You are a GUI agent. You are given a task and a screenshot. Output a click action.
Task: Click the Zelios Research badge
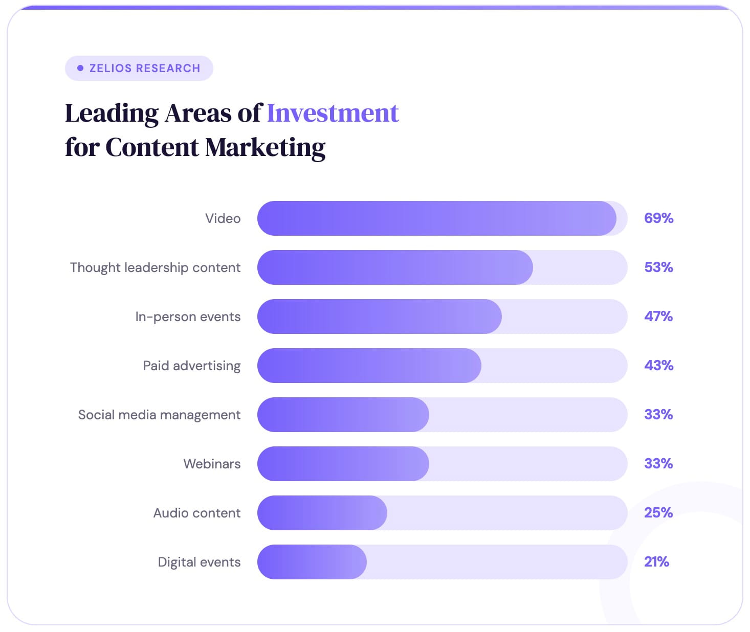click(x=139, y=68)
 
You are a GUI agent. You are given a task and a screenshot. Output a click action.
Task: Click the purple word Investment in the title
click(x=333, y=113)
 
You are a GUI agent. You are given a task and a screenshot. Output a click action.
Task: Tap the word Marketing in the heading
click(x=265, y=147)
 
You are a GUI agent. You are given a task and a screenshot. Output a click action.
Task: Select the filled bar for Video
click(x=436, y=218)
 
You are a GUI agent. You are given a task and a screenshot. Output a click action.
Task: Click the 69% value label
click(x=658, y=218)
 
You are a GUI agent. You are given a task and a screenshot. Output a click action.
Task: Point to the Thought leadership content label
click(x=155, y=267)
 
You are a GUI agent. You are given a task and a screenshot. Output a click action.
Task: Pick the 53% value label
click(x=658, y=267)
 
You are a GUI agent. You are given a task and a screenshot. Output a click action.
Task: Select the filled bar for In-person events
click(x=379, y=317)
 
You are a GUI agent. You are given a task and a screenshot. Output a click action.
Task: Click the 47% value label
click(x=658, y=317)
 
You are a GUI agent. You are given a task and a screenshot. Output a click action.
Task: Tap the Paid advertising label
click(x=191, y=366)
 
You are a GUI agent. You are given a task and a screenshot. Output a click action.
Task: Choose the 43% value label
click(x=658, y=366)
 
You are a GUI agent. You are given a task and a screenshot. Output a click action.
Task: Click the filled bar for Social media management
click(x=343, y=415)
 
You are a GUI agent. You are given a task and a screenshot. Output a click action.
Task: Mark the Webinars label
click(x=212, y=464)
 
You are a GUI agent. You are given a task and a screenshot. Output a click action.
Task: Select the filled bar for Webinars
click(x=343, y=464)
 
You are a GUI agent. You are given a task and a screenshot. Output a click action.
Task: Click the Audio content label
click(x=196, y=513)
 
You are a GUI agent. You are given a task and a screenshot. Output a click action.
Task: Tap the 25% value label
click(x=658, y=513)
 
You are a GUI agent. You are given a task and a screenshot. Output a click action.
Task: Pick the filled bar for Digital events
click(x=312, y=562)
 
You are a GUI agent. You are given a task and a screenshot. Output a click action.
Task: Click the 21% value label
click(x=656, y=562)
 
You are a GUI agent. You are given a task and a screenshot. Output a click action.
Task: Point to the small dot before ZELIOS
click(x=80, y=68)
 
